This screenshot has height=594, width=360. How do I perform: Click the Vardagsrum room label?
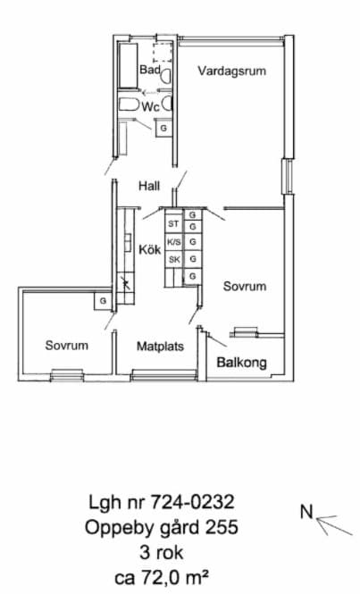pos(231,71)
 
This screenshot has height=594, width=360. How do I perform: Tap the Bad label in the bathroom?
pos(150,70)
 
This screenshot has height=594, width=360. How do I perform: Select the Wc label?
pos(150,107)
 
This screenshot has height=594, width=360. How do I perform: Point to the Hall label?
pos(149,186)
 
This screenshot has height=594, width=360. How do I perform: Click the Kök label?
pos(150,249)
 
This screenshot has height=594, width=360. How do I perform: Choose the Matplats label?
pos(160,347)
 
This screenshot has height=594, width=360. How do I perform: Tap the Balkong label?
pos(241,363)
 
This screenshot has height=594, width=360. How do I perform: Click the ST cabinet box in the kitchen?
pos(173,224)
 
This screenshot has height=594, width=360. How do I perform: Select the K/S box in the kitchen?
pos(174,242)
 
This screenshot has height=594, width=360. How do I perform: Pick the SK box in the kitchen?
pos(174,260)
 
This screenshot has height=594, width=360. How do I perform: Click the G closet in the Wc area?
pos(163,128)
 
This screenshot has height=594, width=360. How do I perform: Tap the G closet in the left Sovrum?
pos(103,301)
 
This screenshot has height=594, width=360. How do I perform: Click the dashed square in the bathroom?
pos(163,53)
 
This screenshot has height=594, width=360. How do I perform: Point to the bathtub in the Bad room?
pos(128,65)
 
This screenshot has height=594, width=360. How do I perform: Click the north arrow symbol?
pos(334,524)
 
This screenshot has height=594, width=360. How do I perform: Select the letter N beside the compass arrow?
pos(307,512)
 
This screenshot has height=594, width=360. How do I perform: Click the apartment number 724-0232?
pos(193,502)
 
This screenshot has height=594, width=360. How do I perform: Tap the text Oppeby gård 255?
pos(162,527)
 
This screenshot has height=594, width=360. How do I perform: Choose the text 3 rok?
pos(162,552)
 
